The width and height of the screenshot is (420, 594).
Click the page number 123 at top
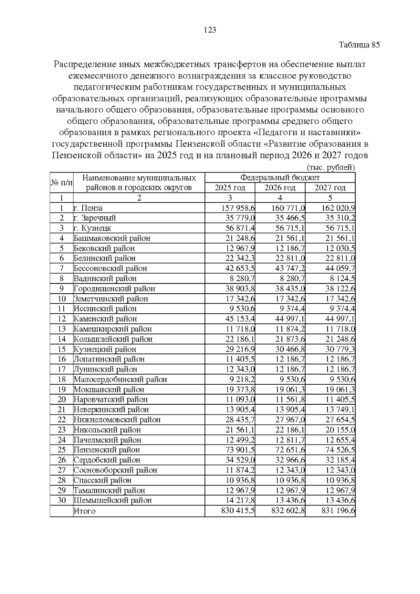click(x=210, y=30)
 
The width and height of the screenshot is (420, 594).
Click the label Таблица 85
click(x=359, y=45)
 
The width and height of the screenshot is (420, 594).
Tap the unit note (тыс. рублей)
click(x=331, y=167)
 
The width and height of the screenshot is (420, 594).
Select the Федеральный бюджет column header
click(x=280, y=177)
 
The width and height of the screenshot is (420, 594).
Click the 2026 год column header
click(x=280, y=188)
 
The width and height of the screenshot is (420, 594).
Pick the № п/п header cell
click(x=62, y=182)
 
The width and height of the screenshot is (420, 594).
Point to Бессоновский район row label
click(x=110, y=268)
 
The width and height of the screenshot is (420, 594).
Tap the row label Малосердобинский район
click(x=120, y=379)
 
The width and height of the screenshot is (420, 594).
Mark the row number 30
click(x=62, y=500)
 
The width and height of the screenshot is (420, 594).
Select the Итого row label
click(x=84, y=511)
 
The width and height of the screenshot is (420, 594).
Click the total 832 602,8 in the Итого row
click(x=288, y=511)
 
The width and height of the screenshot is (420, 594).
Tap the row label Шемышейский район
click(x=113, y=500)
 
